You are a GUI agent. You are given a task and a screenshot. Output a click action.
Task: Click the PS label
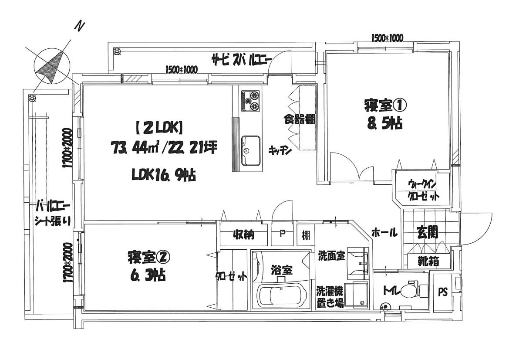click(442, 292)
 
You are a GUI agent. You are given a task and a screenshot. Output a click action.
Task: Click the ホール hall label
click(384, 233)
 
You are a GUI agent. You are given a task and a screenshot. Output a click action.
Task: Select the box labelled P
click(282, 234)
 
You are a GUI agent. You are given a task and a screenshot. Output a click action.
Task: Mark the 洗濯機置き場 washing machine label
click(330, 296)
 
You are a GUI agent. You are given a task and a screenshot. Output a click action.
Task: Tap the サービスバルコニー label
click(242, 59)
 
